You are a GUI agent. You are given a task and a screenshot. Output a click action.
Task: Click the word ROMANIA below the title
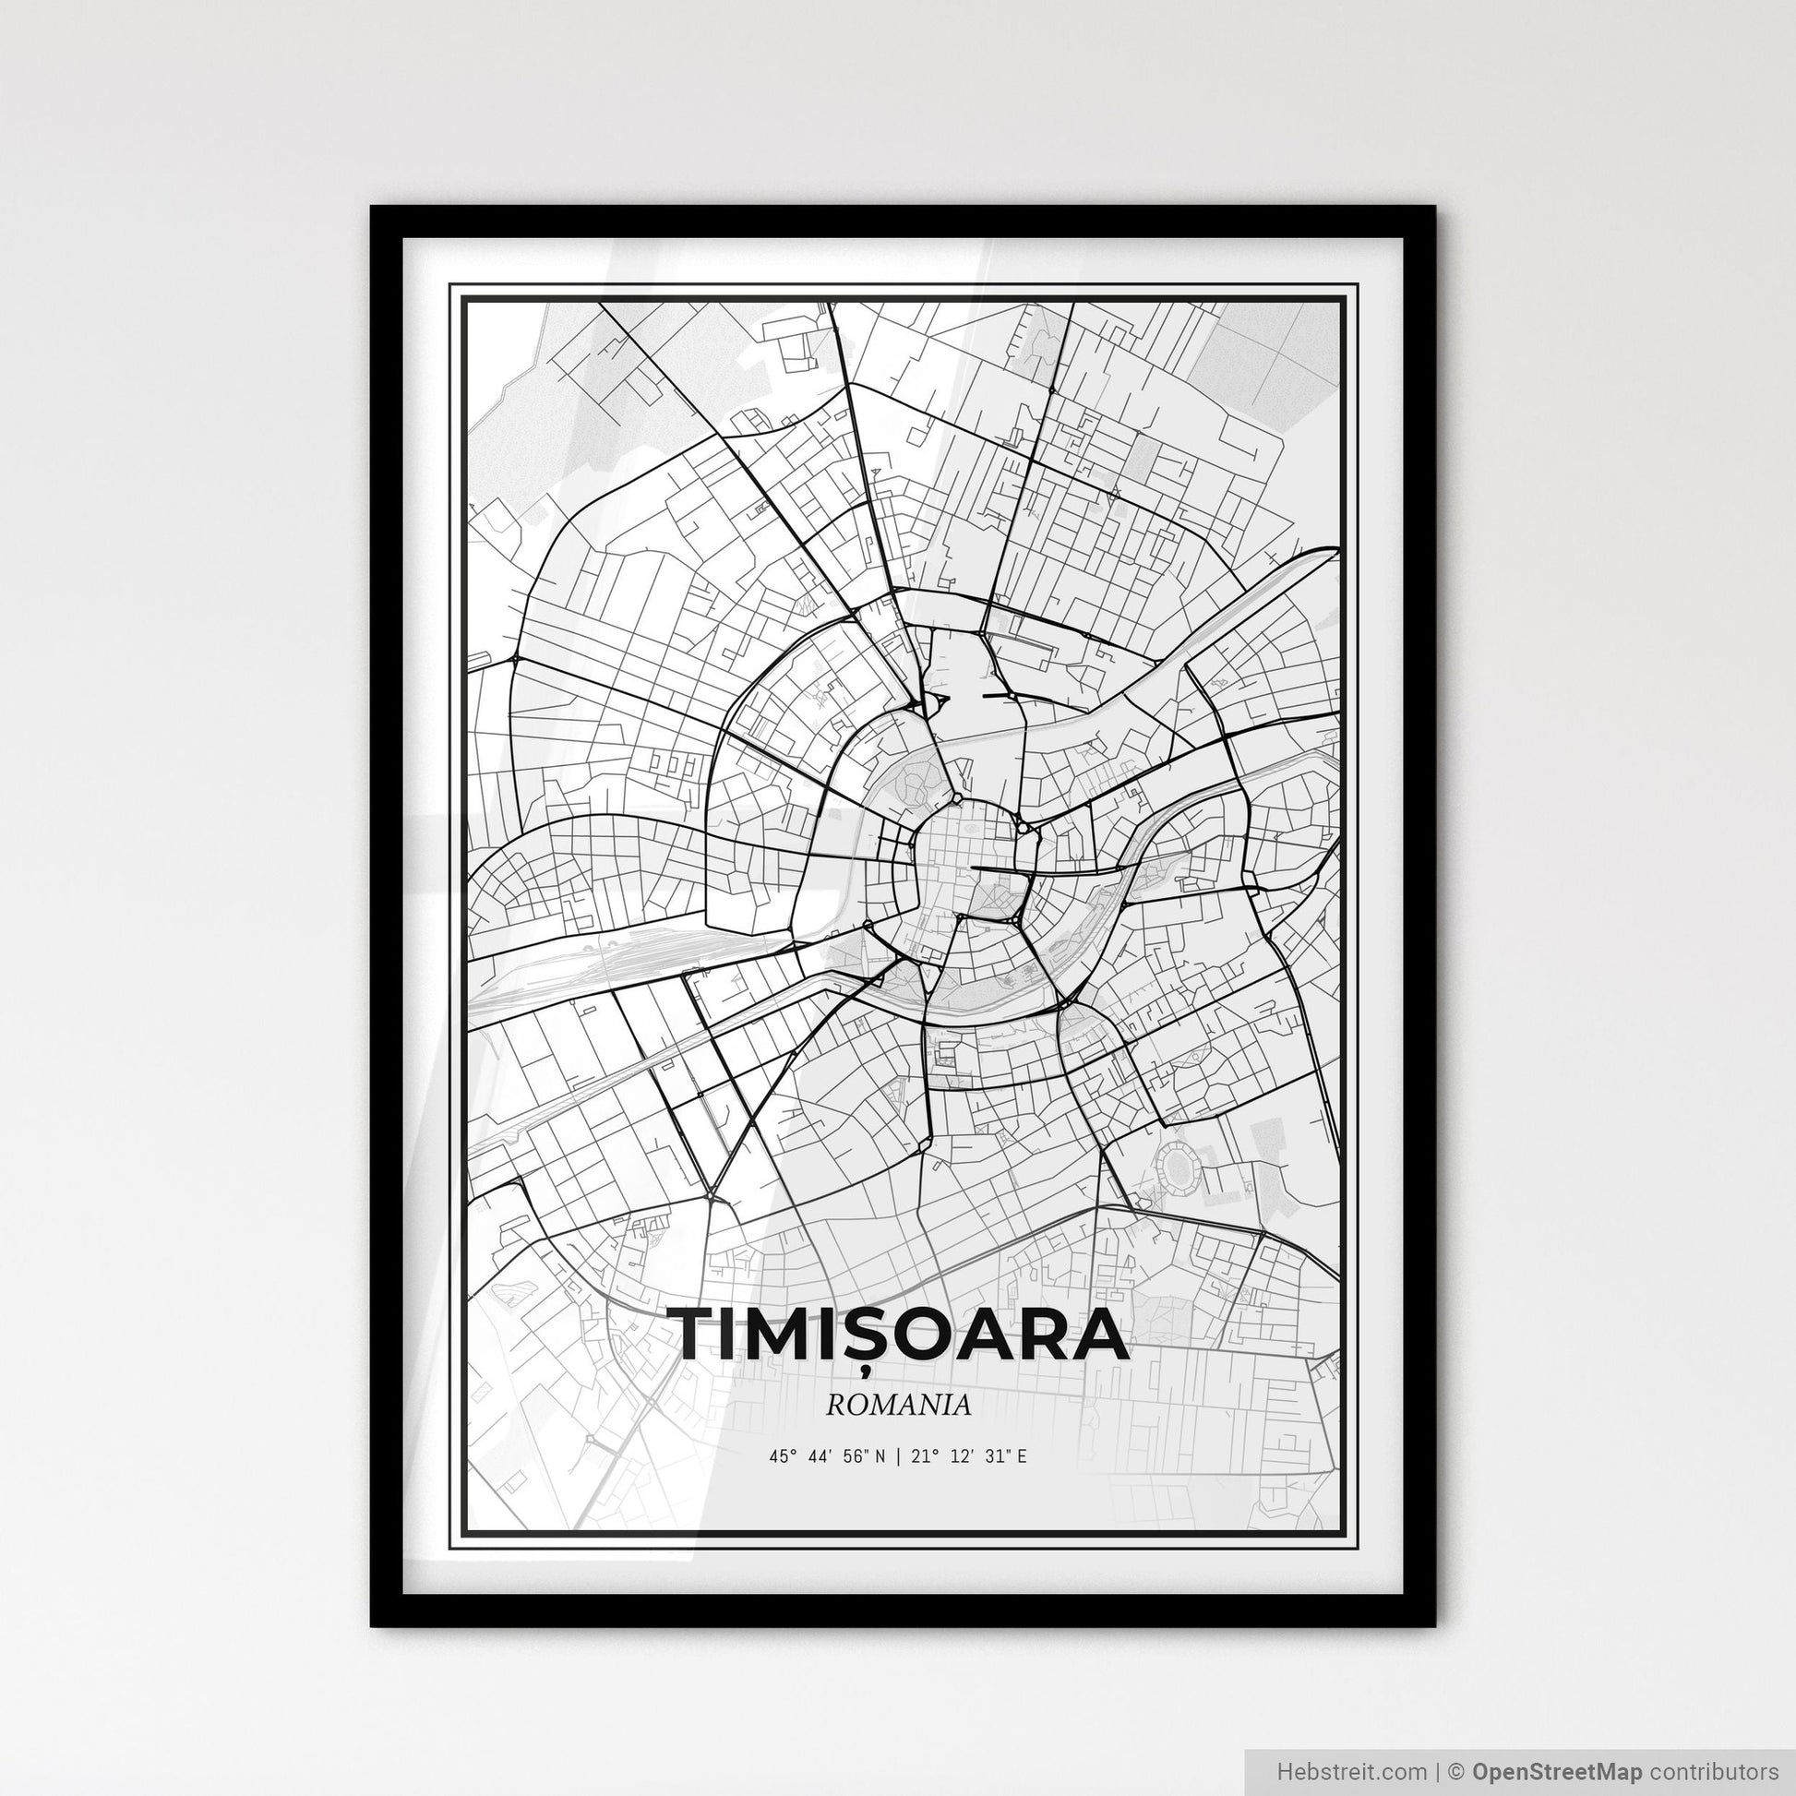pos(898,1406)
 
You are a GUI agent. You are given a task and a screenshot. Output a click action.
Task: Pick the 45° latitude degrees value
pos(779,1456)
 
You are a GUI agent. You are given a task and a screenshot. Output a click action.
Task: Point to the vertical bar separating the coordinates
pos(897,1456)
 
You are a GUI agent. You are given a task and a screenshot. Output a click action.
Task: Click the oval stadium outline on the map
pos(1178,1163)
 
